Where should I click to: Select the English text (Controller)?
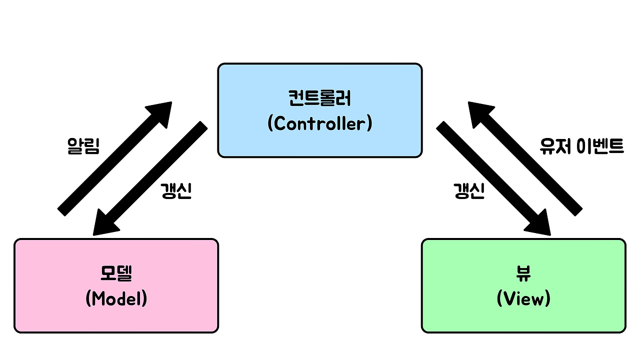click(319, 123)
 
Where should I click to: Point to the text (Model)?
click(116, 298)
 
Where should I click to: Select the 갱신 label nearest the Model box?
click(176, 191)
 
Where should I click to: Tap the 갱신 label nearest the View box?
click(468, 191)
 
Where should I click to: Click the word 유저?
click(555, 145)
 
